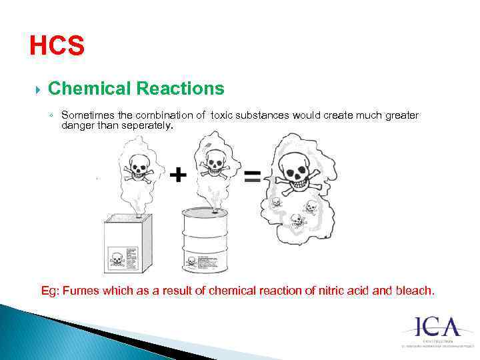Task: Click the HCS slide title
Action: (57, 46)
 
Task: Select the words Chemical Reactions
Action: (136, 89)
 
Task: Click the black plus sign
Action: (177, 175)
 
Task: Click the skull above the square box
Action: (139, 166)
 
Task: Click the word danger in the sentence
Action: (76, 125)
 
